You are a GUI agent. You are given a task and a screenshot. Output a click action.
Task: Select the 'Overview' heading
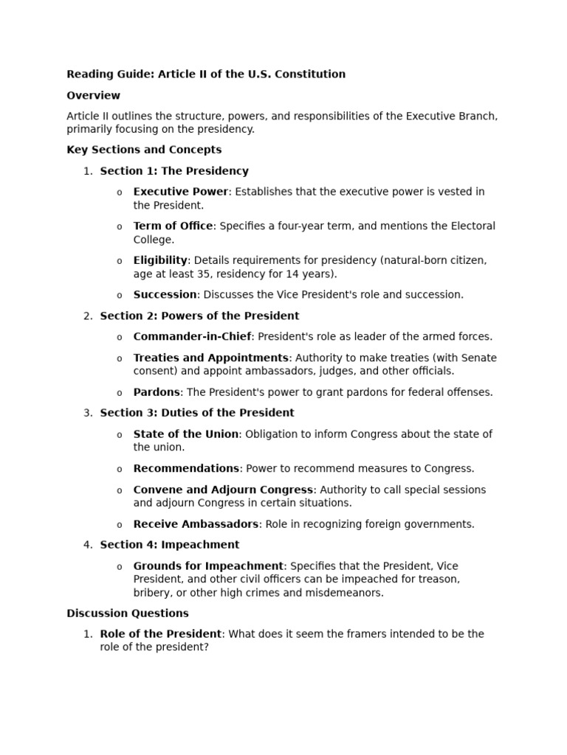coord(93,96)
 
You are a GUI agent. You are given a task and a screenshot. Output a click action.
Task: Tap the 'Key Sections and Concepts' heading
coord(144,150)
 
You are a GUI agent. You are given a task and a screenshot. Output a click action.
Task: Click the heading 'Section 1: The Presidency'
coord(174,171)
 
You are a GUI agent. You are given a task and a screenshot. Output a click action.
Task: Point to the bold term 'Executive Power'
coord(181,192)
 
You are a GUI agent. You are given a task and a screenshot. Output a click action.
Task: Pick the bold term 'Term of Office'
coord(173,226)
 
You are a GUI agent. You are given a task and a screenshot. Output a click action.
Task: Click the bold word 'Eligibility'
coord(160,260)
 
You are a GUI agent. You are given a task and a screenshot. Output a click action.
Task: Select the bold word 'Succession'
coord(165,295)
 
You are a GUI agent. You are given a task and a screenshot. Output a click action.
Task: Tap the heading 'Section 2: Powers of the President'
coord(199,316)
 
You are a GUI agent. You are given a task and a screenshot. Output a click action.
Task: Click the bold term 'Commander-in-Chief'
coord(193,337)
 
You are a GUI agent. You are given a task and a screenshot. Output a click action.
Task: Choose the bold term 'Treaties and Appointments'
coord(210,358)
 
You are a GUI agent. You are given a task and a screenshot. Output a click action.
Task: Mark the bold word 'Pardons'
coord(157,392)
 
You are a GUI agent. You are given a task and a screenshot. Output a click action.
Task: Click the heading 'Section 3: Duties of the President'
coord(196,413)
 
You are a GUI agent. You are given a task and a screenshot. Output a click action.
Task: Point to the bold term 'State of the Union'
coord(185,434)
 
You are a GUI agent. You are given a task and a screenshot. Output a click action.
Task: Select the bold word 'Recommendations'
coord(186,468)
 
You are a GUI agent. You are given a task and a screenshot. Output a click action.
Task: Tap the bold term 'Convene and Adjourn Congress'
coord(223,490)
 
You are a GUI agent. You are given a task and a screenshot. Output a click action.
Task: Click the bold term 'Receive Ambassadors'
coord(196,524)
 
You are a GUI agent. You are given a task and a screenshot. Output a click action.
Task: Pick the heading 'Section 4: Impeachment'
coord(169,545)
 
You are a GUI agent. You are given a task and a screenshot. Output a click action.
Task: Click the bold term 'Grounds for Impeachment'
coord(208,566)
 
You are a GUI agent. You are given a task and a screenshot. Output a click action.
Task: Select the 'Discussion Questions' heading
coord(128,613)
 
